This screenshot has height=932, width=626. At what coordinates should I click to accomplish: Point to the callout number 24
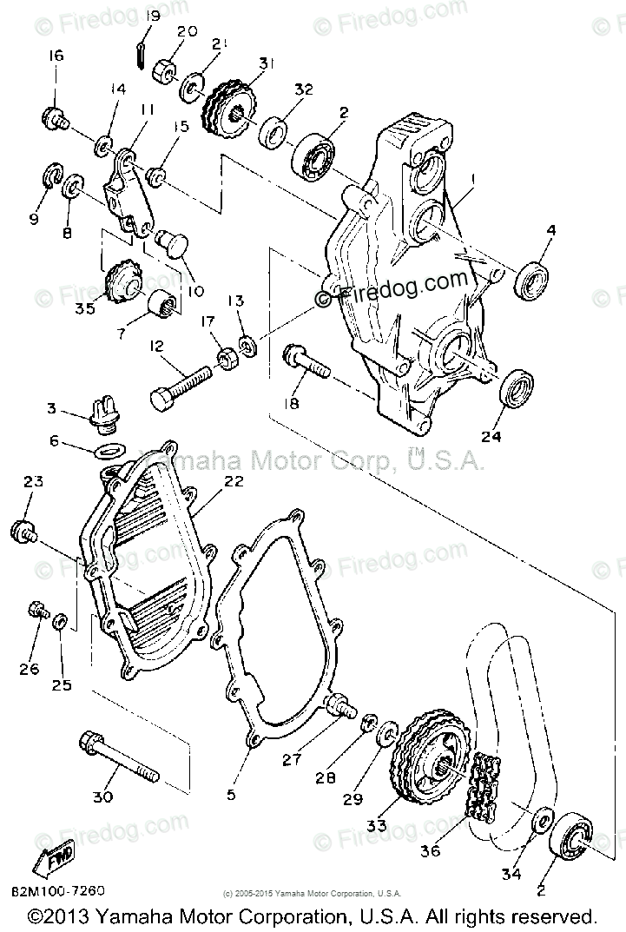[x=491, y=437]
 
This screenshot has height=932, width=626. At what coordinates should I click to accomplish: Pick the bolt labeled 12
[x=182, y=385]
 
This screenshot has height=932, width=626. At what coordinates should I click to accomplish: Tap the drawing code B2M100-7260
[x=58, y=889]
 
